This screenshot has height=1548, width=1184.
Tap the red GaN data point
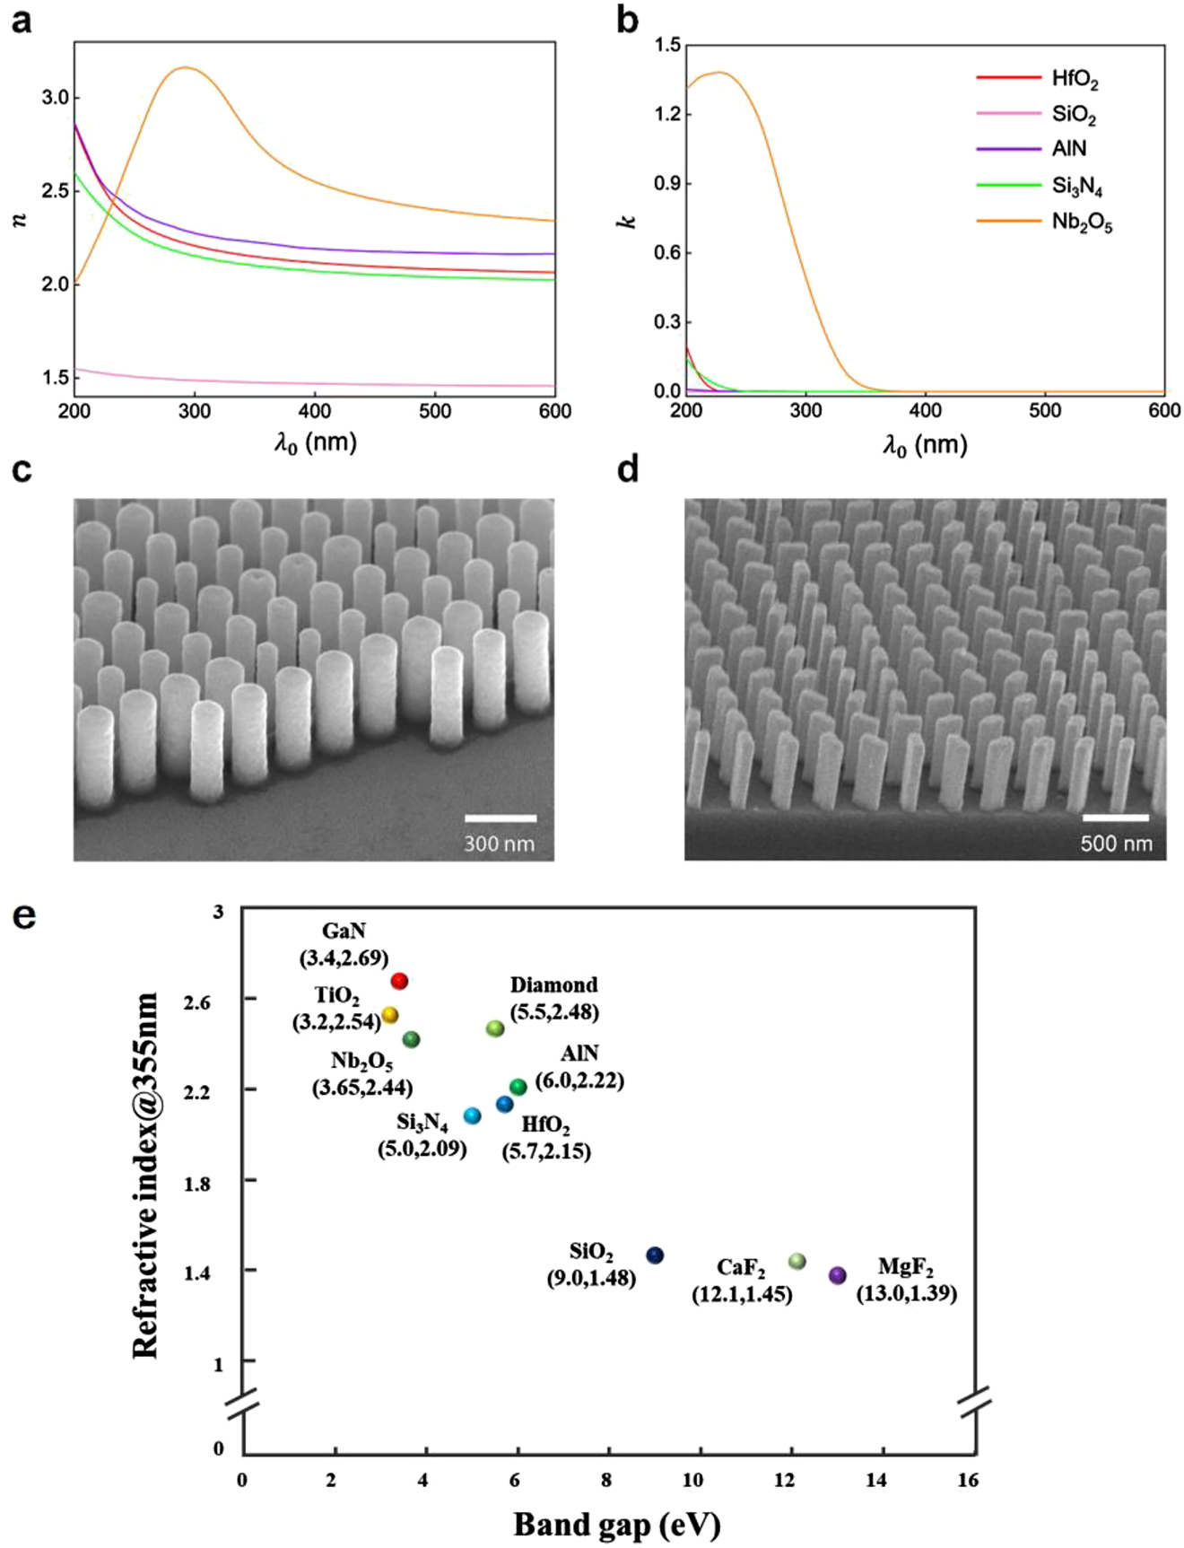tap(400, 981)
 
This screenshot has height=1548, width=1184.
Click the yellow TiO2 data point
tap(390, 1015)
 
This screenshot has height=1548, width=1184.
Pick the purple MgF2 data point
tap(838, 1275)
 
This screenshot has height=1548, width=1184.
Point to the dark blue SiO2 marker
tap(656, 1255)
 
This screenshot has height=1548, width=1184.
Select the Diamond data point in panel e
tap(495, 1028)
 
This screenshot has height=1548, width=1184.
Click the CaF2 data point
tap(797, 1262)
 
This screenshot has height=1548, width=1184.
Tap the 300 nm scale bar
tap(501, 818)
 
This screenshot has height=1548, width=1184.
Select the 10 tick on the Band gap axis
tap(692, 1480)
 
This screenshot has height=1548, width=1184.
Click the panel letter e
tap(24, 915)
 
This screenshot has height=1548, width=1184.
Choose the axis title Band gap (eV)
tap(617, 1524)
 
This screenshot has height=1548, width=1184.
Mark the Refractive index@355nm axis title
tap(145, 1176)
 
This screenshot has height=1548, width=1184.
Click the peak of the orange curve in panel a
tap(186, 67)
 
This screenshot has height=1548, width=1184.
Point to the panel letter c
tap(22, 469)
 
